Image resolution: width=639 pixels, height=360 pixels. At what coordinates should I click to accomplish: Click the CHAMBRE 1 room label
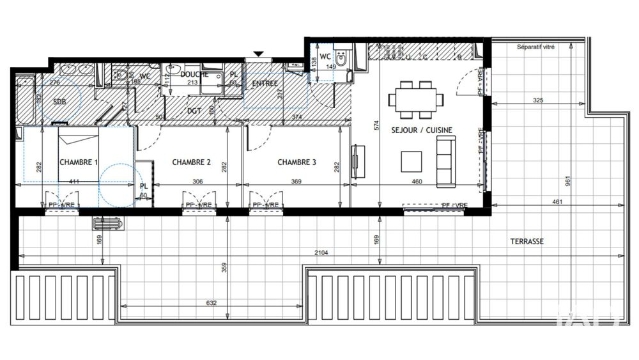click(x=79, y=162)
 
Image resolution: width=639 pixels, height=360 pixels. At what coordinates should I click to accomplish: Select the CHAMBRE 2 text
click(x=191, y=162)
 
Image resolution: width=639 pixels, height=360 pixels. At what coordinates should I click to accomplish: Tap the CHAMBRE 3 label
click(x=296, y=162)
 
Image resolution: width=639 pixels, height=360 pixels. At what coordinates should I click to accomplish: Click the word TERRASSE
click(x=527, y=242)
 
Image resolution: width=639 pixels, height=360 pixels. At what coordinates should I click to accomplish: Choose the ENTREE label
click(x=265, y=84)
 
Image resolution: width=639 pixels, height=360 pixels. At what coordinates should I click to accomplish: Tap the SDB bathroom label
click(x=59, y=102)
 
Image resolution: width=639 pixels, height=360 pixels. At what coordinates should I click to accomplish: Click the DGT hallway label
click(x=194, y=111)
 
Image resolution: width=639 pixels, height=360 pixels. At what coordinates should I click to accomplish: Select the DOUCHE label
click(x=194, y=74)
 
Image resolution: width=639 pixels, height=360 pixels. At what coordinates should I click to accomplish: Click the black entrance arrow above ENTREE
click(x=258, y=54)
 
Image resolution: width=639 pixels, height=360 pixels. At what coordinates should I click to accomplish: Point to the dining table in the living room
click(x=415, y=99)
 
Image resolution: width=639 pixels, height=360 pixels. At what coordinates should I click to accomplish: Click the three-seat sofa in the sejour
click(x=445, y=162)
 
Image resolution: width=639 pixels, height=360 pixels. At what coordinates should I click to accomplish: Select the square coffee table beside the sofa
click(x=411, y=161)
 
